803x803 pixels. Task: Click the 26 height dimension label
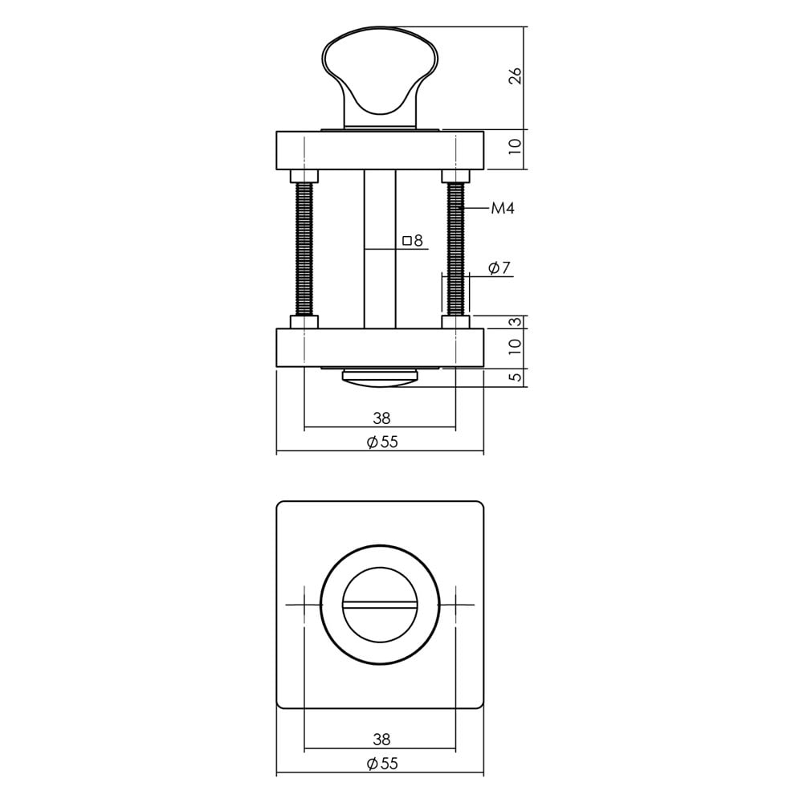tap(516, 76)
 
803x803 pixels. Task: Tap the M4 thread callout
tap(502, 209)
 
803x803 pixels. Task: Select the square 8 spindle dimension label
tap(413, 240)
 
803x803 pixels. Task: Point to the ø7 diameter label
tap(499, 268)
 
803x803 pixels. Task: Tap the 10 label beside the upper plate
tap(516, 146)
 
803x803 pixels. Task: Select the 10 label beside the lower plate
tap(516, 347)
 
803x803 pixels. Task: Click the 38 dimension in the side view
tap(381, 418)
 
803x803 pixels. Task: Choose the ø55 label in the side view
tap(381, 442)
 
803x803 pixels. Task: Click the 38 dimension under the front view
tap(381, 740)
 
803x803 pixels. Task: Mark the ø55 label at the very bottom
tap(381, 764)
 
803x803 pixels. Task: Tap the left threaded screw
tap(305, 249)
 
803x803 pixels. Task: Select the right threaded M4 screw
tap(456, 249)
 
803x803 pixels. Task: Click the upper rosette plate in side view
tap(381, 150)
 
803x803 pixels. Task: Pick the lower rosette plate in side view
tap(381, 348)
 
